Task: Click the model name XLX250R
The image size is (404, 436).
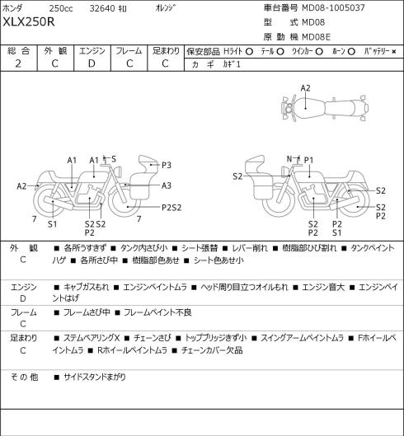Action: click(29, 22)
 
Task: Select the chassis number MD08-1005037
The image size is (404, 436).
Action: click(333, 7)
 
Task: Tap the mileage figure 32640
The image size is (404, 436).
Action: click(102, 8)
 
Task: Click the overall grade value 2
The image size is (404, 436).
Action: click(18, 63)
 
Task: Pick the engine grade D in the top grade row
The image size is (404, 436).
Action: click(92, 63)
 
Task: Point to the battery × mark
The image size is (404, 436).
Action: click(394, 52)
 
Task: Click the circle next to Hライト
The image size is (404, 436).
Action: click(249, 52)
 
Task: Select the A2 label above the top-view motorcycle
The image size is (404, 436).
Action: click(305, 88)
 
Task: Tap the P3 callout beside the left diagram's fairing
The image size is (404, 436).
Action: click(167, 165)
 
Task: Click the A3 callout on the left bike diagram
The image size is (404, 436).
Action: click(167, 185)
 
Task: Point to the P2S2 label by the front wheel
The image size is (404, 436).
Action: click(171, 208)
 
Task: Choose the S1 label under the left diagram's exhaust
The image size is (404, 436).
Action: click(52, 224)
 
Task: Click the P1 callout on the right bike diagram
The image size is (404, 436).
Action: click(308, 160)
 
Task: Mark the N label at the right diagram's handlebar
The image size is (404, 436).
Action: click(289, 159)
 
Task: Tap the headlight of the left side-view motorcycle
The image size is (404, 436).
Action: click(119, 171)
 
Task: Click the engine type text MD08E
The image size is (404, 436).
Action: click(316, 37)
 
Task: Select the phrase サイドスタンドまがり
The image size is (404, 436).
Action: click(95, 377)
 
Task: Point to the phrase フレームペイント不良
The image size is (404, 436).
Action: click(157, 312)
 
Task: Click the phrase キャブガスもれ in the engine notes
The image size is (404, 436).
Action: click(86, 287)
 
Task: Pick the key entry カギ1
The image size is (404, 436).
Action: click(232, 64)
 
